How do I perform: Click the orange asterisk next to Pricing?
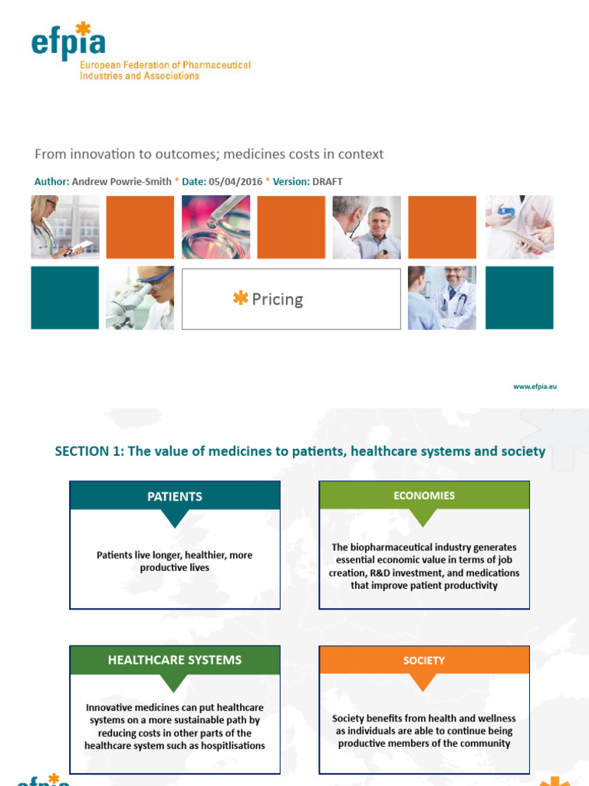[x=241, y=299]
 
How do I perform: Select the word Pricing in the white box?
[x=278, y=299]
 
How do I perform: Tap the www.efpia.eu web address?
[x=535, y=387]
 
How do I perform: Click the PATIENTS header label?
[x=175, y=497]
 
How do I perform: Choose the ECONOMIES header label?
[x=424, y=496]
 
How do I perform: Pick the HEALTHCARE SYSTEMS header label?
[x=175, y=660]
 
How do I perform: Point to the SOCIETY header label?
[x=424, y=660]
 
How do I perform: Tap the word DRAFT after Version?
[x=327, y=181]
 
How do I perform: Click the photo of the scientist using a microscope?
[x=140, y=298]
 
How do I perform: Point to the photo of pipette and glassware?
[x=216, y=227]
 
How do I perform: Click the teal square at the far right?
[x=519, y=298]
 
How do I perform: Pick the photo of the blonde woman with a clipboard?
[x=64, y=227]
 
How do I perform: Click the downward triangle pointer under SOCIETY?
[x=423, y=682]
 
